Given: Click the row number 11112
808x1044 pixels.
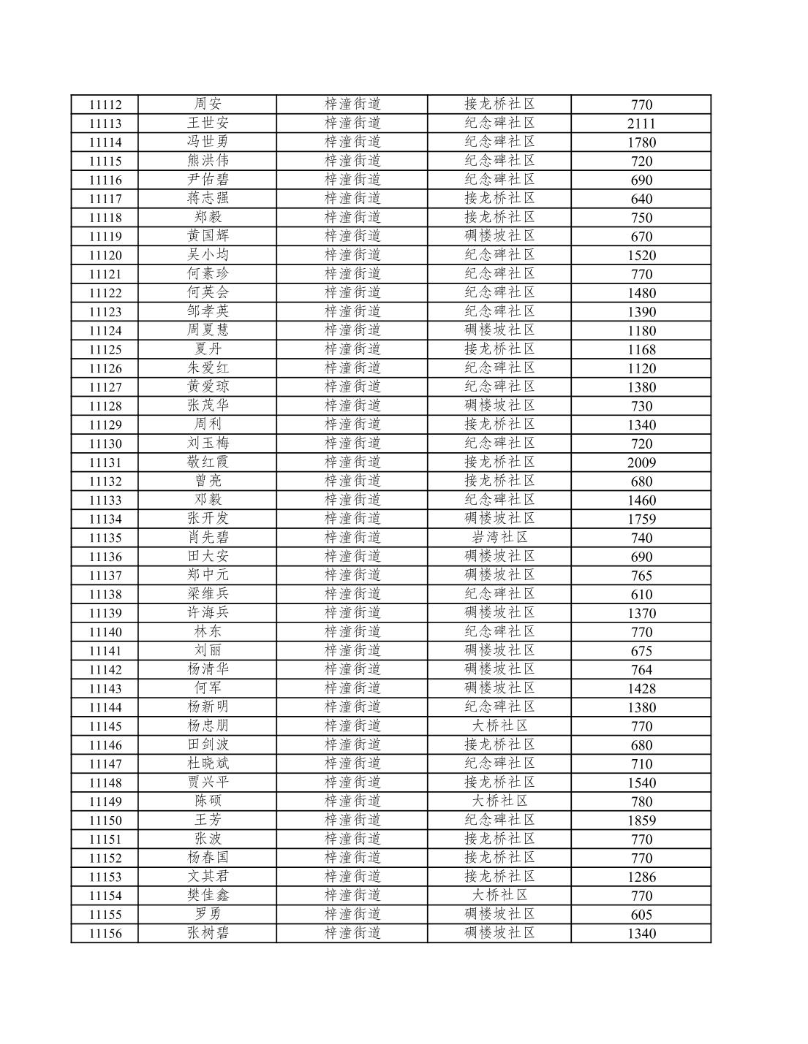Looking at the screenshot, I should click(x=105, y=104).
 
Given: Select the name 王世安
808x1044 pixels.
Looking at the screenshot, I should click(x=208, y=123).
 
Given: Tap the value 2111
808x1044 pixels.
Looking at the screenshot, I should click(x=641, y=123).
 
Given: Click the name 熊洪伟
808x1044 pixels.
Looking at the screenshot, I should click(x=208, y=161).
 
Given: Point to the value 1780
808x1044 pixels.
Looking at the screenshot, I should click(x=641, y=142).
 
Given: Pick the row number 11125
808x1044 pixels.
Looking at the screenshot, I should click(x=105, y=349).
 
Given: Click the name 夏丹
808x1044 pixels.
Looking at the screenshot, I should click(x=208, y=349).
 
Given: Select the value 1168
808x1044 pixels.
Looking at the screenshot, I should click(x=641, y=349).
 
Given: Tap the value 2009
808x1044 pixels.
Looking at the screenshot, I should click(x=641, y=462).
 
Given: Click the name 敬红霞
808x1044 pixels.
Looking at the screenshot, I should click(x=208, y=462).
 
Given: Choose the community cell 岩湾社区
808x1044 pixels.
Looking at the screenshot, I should click(x=500, y=538).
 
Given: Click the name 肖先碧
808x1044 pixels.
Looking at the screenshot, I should click(x=208, y=538).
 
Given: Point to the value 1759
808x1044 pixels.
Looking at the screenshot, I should click(x=641, y=519).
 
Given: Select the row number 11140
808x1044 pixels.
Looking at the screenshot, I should click(x=105, y=632).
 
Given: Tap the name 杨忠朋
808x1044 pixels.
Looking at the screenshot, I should click(x=208, y=726).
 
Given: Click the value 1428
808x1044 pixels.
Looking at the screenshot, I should click(x=641, y=688).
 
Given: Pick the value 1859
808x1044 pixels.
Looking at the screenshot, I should click(x=641, y=820).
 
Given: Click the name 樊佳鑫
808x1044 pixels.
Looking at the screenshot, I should click(x=208, y=896).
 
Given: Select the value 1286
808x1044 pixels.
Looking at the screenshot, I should click(x=641, y=877).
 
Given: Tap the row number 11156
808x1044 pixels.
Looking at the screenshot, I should click(x=105, y=933).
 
